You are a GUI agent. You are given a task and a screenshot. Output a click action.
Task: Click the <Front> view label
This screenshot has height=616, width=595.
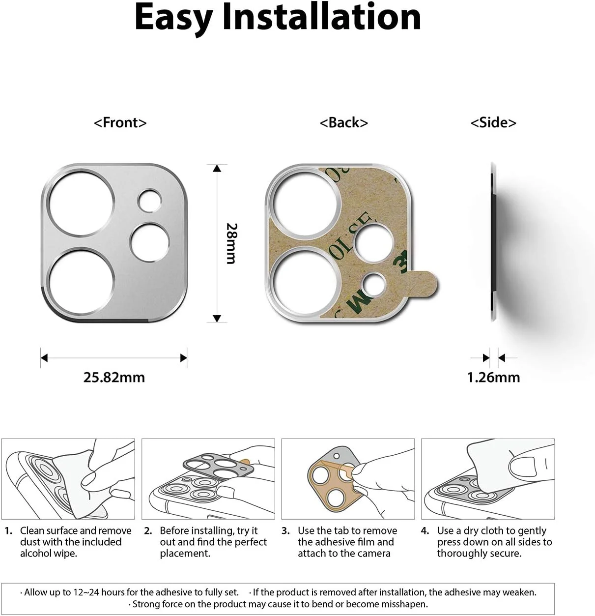[x=120, y=122]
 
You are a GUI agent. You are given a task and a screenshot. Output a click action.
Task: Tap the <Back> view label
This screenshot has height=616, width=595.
[x=344, y=122]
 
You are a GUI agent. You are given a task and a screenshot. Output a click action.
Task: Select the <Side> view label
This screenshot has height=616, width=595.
[x=493, y=122]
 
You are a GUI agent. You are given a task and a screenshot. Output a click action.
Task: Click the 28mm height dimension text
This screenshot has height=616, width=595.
[x=231, y=243]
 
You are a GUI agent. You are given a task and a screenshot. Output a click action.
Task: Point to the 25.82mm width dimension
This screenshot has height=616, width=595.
[x=114, y=378]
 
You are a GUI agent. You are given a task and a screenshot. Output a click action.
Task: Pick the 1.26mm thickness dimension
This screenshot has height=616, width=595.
[x=493, y=378]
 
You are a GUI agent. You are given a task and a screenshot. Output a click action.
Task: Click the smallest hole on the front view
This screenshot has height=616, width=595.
[x=149, y=201]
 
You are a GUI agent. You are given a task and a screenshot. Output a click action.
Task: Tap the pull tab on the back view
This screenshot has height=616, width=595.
[x=423, y=284]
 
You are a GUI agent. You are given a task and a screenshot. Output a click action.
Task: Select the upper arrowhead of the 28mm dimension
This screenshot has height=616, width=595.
[x=217, y=168]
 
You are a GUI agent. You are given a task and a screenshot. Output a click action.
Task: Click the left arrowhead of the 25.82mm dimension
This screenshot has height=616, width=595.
[x=44, y=358]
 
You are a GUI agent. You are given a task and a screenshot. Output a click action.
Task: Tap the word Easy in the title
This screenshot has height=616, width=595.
[x=173, y=17]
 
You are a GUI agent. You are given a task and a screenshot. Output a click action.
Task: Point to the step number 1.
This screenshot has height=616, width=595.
[x=8, y=530]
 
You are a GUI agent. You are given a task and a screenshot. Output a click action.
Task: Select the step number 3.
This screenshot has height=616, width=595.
[x=285, y=530]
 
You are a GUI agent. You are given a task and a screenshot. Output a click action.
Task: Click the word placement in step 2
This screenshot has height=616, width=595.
[x=185, y=554]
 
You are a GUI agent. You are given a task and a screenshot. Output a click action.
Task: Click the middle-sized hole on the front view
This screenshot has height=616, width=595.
[x=149, y=243]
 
